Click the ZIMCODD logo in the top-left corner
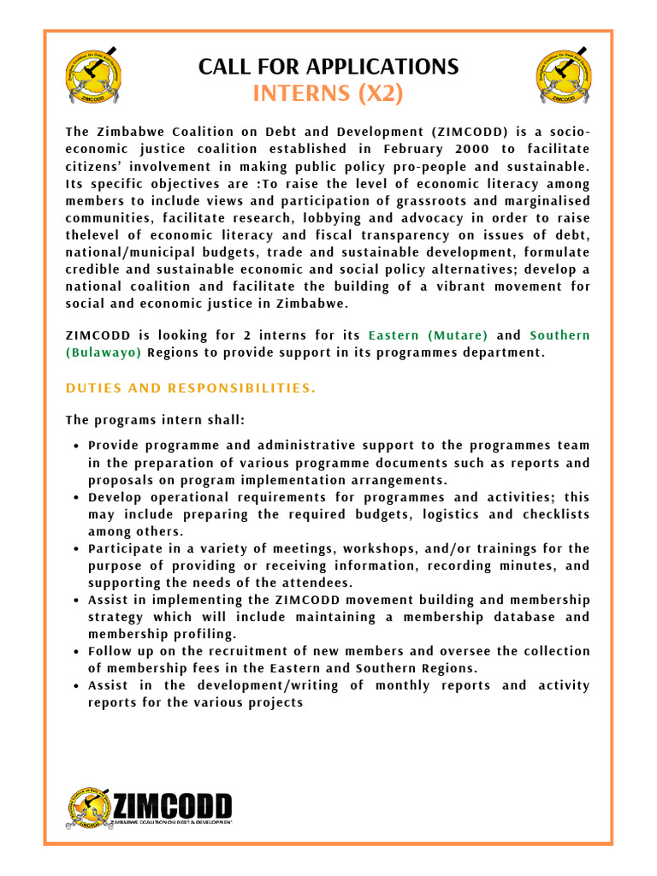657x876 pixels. point(95,78)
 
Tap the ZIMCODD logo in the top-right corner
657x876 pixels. point(563,78)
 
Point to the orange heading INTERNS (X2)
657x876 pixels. point(328,94)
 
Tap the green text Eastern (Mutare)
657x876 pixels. point(428,335)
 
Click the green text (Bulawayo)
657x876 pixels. point(104,352)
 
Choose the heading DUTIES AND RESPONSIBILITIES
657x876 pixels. point(190,388)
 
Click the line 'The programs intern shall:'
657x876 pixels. point(143,420)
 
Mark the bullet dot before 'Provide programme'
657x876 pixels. point(77,447)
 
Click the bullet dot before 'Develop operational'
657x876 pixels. point(77,498)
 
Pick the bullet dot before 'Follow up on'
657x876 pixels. point(77,652)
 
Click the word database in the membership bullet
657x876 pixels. point(508,617)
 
